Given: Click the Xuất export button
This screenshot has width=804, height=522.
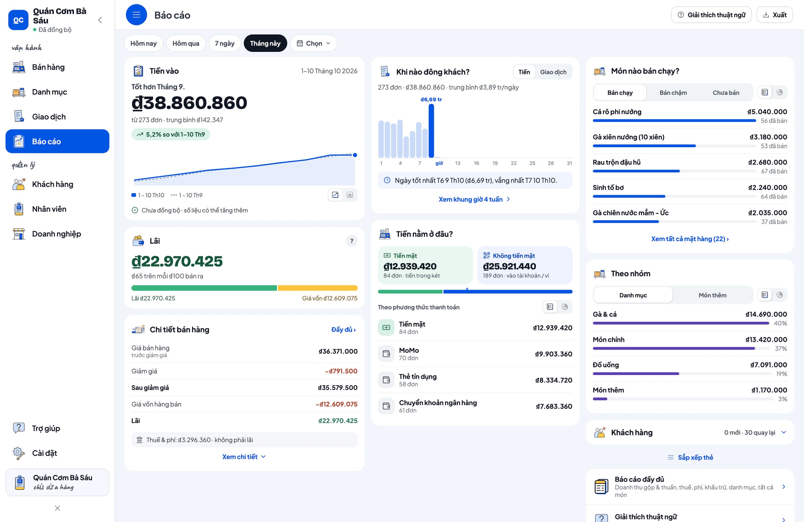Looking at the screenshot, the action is [x=774, y=15].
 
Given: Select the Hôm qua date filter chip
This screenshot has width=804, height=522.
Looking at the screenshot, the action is [x=186, y=43].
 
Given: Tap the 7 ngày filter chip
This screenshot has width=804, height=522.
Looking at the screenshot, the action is [x=225, y=43].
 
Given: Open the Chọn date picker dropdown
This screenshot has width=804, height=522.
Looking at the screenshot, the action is [x=314, y=43].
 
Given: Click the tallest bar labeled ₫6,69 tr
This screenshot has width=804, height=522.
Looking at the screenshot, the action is [x=431, y=131].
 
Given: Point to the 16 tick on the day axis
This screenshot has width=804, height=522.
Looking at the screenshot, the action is [x=476, y=163].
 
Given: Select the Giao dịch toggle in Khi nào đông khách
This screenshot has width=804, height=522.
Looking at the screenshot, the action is [x=553, y=72].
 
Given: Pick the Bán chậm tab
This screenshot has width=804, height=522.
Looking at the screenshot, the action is [x=673, y=92].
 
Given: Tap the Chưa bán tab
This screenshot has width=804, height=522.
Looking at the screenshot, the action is [x=726, y=92].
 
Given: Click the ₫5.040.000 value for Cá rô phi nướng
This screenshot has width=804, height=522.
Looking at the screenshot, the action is [x=767, y=112].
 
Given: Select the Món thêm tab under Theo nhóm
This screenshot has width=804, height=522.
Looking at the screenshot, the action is [x=713, y=295].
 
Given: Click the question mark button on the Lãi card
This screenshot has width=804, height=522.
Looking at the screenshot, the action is [x=352, y=241].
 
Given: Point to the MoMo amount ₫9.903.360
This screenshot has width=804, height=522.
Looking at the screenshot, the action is [x=553, y=354].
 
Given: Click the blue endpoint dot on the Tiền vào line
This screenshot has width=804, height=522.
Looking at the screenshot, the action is [x=355, y=155].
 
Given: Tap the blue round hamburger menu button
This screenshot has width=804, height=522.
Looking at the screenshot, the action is [x=136, y=15].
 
